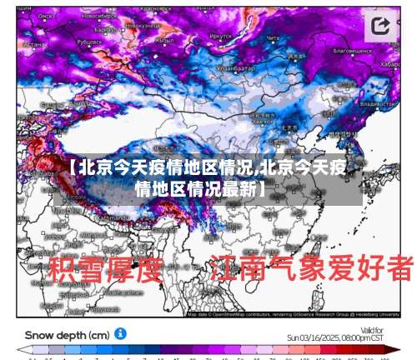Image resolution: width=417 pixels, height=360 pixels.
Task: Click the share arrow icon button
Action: [x=381, y=26]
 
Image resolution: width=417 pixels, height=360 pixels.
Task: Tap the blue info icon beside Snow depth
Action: [x=121, y=333]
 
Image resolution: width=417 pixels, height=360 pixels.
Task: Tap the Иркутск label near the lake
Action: [x=221, y=37]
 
